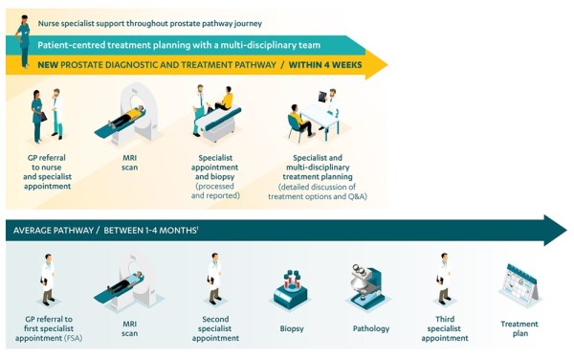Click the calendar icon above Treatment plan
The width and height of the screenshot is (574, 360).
click(x=519, y=284)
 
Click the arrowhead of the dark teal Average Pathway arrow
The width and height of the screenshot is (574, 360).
click(x=555, y=231)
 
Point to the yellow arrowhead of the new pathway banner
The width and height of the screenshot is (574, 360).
click(x=376, y=64)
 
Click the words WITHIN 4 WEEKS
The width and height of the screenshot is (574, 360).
click(x=325, y=65)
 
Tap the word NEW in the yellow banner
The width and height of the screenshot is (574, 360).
click(x=48, y=65)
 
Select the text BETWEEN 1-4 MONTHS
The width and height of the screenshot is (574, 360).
click(x=150, y=231)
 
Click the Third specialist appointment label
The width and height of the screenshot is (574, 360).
click(x=445, y=328)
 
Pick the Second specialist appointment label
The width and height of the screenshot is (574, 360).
click(x=215, y=328)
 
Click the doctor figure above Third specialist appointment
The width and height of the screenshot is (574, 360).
click(x=444, y=279)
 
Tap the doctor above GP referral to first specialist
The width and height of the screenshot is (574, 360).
click(x=48, y=280)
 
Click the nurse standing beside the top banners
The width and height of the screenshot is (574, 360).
click(x=23, y=41)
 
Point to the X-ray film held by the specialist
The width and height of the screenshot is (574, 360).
click(x=322, y=97)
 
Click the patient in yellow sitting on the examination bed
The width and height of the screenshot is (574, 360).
click(x=223, y=99)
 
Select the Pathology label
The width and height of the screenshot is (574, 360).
click(x=371, y=328)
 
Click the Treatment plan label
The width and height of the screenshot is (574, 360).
click(x=519, y=328)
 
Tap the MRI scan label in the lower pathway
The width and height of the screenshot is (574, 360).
click(x=129, y=328)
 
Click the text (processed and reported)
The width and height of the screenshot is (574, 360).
click(x=215, y=191)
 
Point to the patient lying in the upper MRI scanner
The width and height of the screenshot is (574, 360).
click(x=126, y=117)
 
